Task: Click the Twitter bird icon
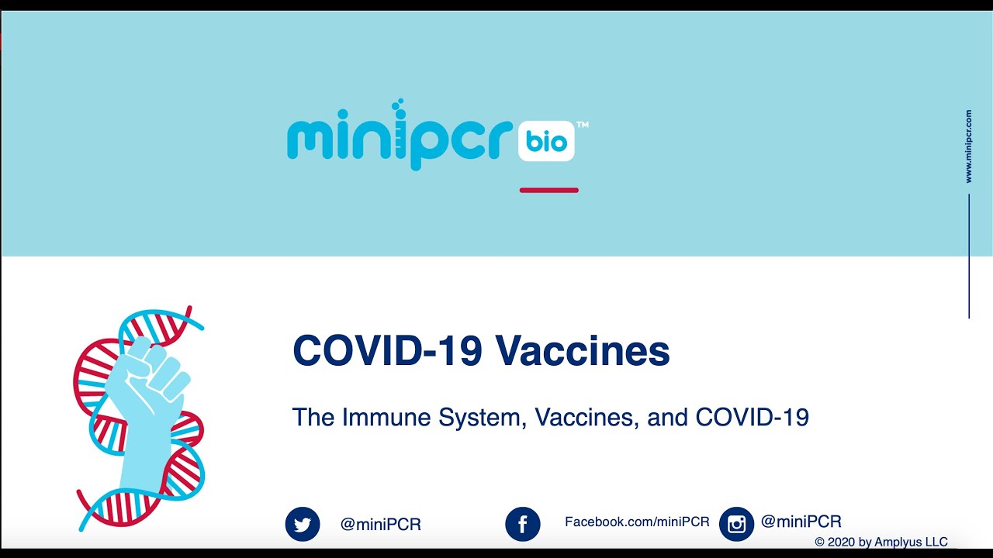(303, 525)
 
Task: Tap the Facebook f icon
(523, 525)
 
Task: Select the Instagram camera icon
(736, 525)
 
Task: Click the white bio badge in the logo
(546, 141)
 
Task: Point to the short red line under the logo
(548, 191)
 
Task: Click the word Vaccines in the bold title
(582, 350)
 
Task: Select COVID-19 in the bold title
(387, 350)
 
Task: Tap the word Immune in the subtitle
(386, 417)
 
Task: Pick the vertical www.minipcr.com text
(969, 146)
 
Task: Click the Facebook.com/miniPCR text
(637, 522)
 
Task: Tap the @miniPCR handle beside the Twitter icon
(381, 525)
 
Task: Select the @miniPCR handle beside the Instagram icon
(801, 522)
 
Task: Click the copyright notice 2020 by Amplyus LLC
(881, 542)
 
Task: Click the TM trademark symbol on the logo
(583, 125)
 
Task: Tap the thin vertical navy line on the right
(969, 256)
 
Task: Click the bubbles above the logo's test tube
(398, 105)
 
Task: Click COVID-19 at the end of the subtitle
(753, 417)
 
